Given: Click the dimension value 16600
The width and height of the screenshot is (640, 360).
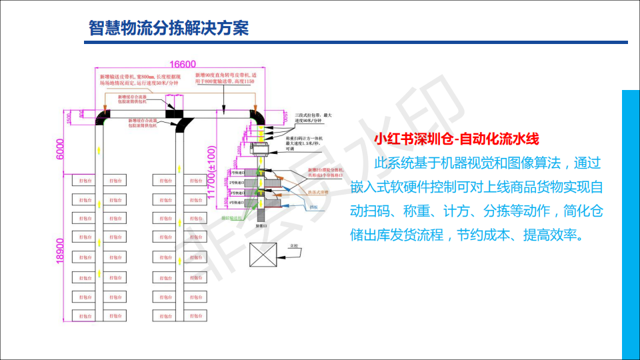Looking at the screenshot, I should pyautogui.click(x=182, y=65).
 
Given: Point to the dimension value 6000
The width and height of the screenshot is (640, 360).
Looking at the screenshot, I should pyautogui.click(x=59, y=149).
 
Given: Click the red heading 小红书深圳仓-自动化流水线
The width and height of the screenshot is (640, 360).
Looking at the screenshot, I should pyautogui.click(x=456, y=139).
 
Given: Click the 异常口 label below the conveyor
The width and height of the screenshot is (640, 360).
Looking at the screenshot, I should pyautogui.click(x=260, y=227).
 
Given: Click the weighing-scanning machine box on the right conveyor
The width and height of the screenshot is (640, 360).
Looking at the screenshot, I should pyautogui.click(x=259, y=149).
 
